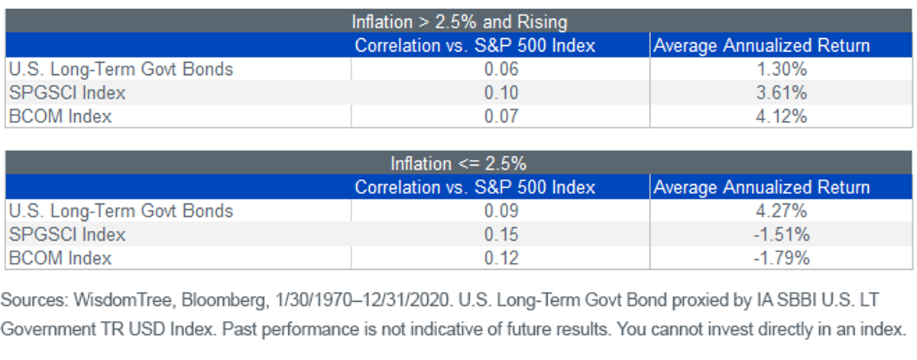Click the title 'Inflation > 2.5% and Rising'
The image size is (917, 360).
point(459,22)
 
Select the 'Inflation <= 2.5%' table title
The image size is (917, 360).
point(458,164)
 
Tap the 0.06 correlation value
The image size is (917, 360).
point(501,69)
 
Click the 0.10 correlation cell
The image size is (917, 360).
point(501,92)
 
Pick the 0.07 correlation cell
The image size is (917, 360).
point(501,116)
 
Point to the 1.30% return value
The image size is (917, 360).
point(782,69)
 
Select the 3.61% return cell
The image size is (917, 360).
point(782,92)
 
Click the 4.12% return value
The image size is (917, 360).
point(782,116)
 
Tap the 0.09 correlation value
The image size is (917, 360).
point(501,211)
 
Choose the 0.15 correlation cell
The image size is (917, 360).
point(501,235)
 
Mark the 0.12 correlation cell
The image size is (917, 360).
point(501,258)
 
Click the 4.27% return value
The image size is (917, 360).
point(782,211)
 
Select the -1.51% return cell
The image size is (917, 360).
point(782,235)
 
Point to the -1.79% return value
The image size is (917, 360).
point(782,258)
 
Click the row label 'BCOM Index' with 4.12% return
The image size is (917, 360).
point(60,116)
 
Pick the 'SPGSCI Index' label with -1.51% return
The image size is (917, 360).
point(67,235)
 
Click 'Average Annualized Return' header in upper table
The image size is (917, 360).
point(761,45)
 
